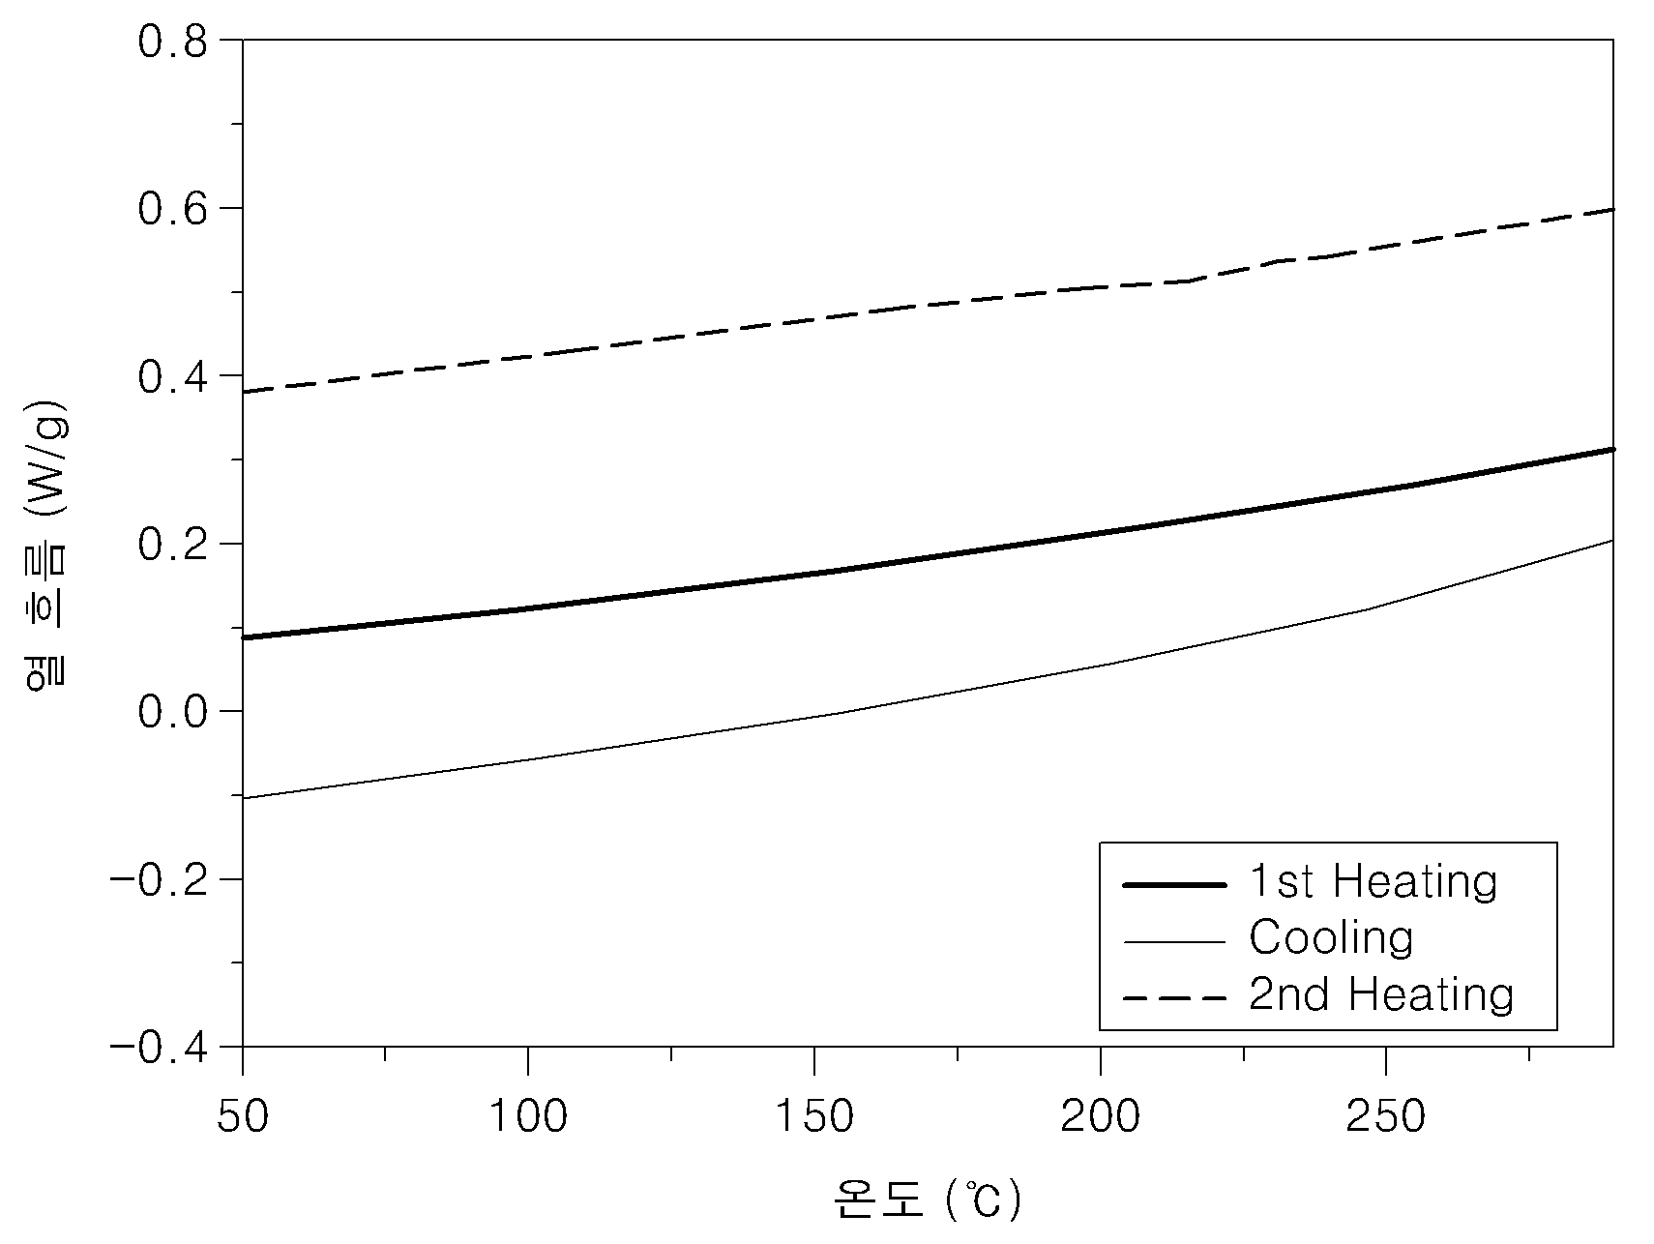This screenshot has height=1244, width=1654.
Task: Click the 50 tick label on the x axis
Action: (242, 1116)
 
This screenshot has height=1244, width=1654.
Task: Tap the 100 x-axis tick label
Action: (527, 1116)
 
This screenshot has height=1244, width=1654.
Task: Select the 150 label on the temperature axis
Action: (813, 1116)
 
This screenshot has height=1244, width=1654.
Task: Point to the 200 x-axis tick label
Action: (1100, 1116)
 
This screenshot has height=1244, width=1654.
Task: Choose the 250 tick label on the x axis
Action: (1386, 1116)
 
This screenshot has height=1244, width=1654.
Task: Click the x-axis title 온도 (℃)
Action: (927, 1200)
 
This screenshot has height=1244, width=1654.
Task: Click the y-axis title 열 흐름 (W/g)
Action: (46, 543)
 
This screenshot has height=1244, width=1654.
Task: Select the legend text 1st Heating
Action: (1373, 881)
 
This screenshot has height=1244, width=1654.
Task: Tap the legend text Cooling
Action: (1331, 938)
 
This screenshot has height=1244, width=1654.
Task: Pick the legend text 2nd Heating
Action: (1381, 994)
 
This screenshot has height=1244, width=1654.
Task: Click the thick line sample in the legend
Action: (1173, 884)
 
